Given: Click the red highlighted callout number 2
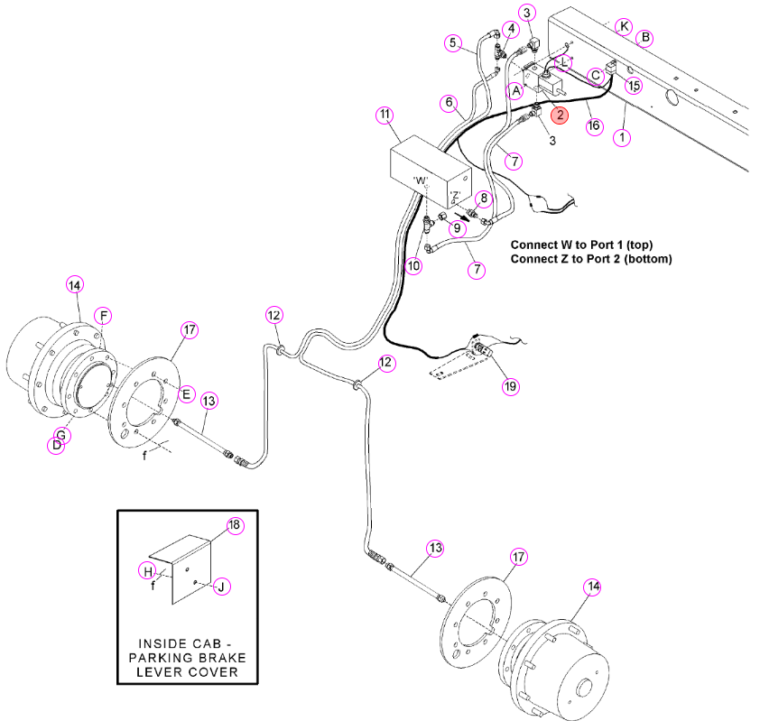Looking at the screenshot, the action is [560, 115].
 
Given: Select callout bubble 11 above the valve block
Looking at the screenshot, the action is [385, 115].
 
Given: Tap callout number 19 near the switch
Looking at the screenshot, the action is [510, 386].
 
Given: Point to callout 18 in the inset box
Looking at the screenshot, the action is [235, 525].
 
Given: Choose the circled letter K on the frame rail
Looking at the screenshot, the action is [625, 26].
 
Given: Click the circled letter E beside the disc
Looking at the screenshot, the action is [187, 393].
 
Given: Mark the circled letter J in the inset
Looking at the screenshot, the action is [221, 587].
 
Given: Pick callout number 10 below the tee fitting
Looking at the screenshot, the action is [413, 265].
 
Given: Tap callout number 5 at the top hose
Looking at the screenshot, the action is [453, 42].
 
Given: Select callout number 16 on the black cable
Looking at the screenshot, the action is [594, 126].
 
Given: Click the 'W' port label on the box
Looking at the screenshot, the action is [421, 180].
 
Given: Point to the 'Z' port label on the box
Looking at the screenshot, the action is [455, 195].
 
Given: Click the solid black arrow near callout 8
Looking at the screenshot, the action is [462, 216].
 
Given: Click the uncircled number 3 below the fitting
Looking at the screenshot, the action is [552, 141].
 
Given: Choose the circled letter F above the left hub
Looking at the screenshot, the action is [103, 316].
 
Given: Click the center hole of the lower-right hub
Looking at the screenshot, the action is [584, 688].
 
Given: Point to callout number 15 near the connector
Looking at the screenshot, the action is [634, 86].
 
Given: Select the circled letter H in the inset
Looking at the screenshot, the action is [148, 571].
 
